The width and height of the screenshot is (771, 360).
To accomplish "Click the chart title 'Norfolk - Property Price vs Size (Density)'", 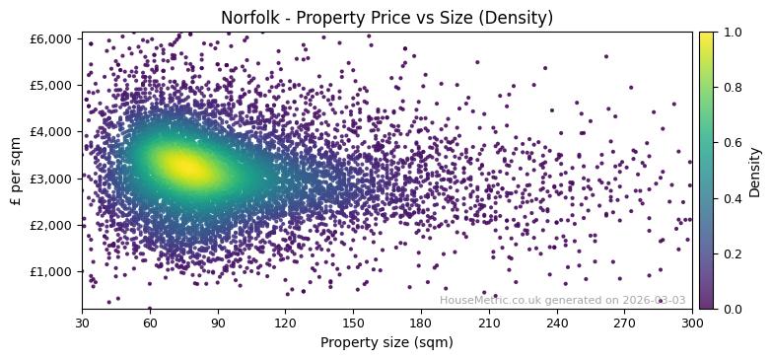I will (x=386, y=18).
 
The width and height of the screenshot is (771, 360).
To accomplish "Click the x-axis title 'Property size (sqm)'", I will (x=386, y=342).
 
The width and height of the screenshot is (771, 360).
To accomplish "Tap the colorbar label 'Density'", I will (x=755, y=172).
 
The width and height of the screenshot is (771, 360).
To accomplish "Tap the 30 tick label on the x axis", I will (x=82, y=323).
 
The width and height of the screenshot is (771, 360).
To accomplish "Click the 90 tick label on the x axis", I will (x=217, y=323).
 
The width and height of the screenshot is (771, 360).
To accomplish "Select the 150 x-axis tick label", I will (x=353, y=323).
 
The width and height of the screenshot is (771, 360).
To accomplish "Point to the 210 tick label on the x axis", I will (x=489, y=323).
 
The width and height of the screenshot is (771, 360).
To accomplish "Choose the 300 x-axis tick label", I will (x=692, y=323).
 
